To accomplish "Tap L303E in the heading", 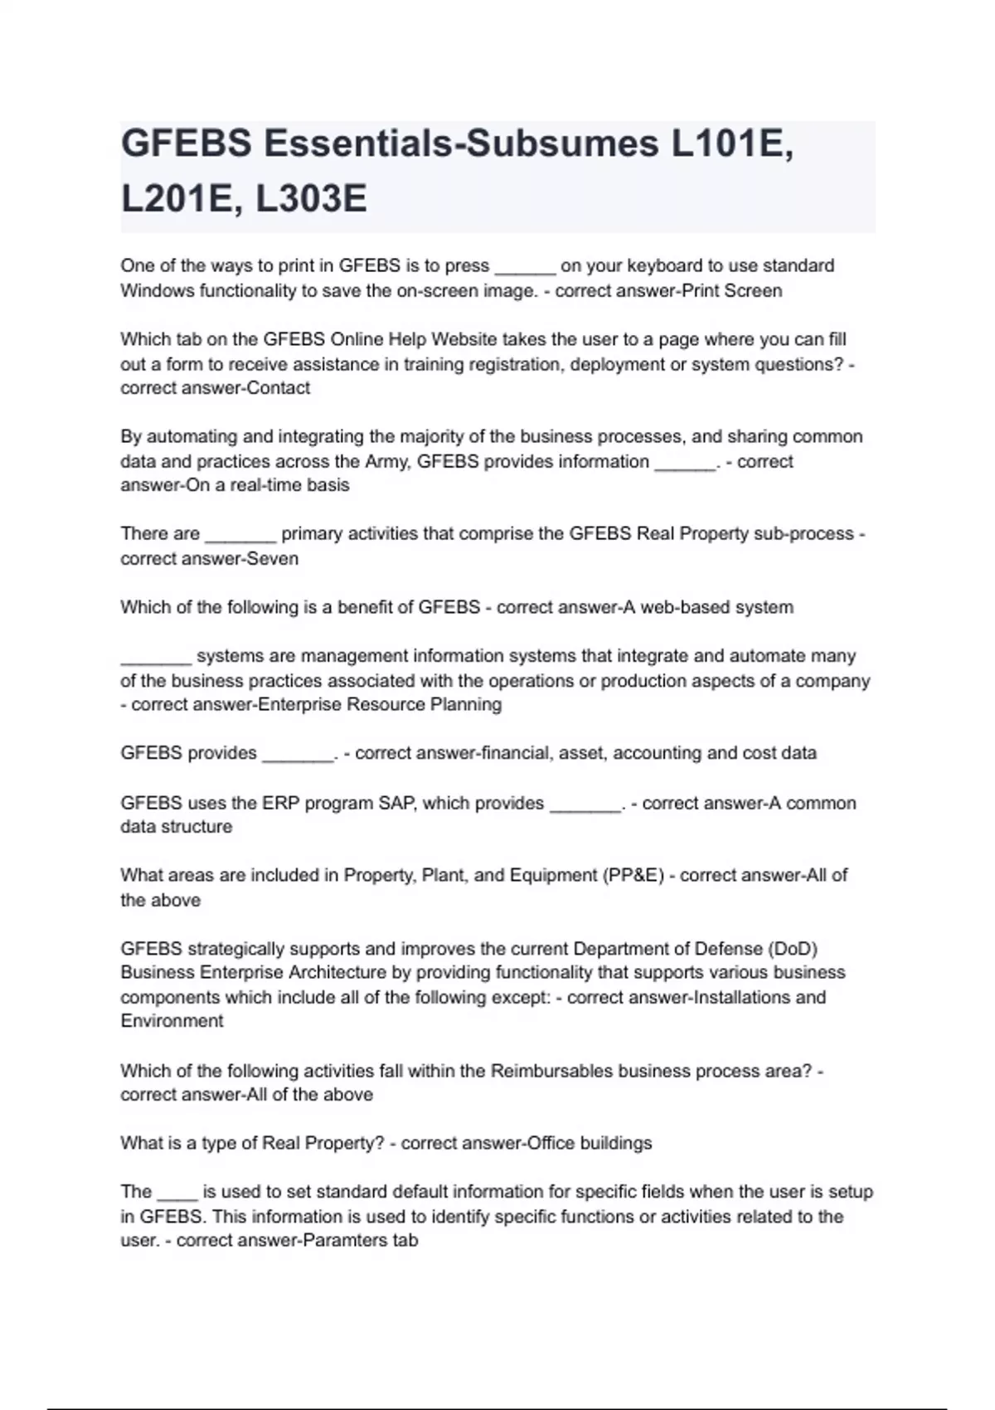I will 311,199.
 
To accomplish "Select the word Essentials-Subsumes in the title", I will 461,144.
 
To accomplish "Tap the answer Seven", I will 274,559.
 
